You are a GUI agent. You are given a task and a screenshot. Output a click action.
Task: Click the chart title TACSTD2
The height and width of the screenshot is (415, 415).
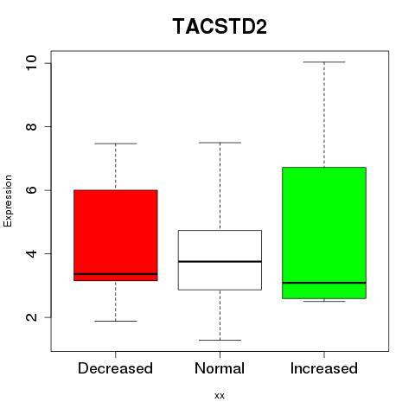pos(220,26)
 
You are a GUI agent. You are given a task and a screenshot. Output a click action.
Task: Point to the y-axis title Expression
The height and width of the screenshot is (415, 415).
pos(8,201)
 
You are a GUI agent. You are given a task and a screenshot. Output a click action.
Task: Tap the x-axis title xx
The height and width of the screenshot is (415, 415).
pos(220,396)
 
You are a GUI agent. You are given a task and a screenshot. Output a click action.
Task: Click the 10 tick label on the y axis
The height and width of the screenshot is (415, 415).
pos(31,63)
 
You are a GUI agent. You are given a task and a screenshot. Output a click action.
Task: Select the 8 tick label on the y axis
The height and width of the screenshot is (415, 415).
pos(31,126)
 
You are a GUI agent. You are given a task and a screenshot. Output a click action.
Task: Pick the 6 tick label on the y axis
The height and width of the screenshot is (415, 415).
pos(31,190)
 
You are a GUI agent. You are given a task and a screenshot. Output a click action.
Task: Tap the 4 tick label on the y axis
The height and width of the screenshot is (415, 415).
pos(31,253)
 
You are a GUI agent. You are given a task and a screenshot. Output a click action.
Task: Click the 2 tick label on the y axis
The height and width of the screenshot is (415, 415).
pos(31,317)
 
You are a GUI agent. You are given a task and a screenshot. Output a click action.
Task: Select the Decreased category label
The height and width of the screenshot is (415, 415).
pos(115,368)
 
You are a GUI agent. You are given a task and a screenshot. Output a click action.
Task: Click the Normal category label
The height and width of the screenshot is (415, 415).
pos(220,368)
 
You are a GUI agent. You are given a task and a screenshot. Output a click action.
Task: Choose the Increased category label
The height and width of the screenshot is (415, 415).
pos(324,368)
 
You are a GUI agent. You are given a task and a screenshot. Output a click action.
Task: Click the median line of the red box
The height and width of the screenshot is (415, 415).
pos(116,274)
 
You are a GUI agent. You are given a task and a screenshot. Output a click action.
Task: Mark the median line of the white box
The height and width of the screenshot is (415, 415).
pos(220,261)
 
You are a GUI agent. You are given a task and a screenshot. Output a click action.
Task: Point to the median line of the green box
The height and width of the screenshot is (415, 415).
pos(324,283)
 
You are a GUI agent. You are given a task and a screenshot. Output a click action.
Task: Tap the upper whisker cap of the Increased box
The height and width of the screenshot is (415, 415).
pos(324,62)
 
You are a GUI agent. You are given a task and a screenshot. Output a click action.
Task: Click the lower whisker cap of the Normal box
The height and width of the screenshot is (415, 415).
pos(220,340)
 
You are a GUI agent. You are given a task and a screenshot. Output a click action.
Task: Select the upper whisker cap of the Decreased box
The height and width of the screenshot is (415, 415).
pos(116,144)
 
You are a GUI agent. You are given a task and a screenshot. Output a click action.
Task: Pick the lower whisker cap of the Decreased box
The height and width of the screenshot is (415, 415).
pos(116,321)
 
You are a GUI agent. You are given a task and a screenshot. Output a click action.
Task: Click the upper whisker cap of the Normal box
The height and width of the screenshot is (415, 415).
pos(220,143)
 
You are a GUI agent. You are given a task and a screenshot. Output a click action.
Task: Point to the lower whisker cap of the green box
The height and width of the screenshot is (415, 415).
pos(324,301)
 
